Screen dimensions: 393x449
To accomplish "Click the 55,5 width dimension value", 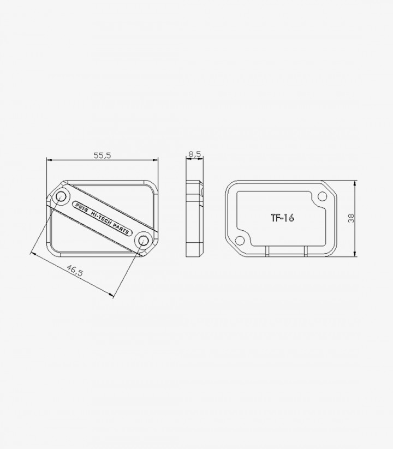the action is (x=102, y=155).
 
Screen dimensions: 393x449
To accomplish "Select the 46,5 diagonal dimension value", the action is (x=74, y=270).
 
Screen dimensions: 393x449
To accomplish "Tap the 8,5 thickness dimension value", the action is (x=194, y=154).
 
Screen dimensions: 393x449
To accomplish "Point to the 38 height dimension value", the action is (x=351, y=218).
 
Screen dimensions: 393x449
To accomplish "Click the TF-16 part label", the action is (x=282, y=218).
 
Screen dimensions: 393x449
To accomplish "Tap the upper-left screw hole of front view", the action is (x=61, y=196).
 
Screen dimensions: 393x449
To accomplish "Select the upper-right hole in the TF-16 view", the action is (x=322, y=196).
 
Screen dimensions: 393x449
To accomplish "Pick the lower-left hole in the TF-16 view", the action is (x=240, y=241).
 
